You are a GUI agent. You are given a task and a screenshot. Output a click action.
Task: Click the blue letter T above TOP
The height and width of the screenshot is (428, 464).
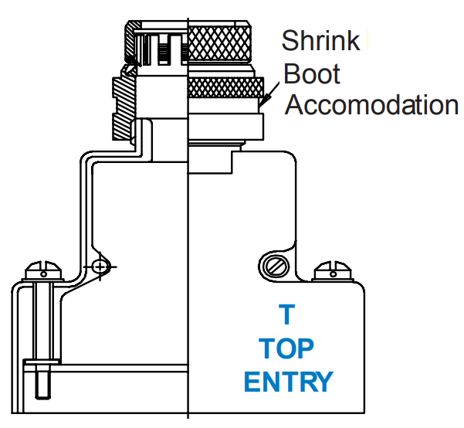(286, 314)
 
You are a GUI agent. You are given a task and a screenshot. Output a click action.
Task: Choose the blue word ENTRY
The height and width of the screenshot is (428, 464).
(289, 382)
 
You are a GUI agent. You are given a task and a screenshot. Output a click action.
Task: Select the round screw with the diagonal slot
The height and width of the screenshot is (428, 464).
(276, 267)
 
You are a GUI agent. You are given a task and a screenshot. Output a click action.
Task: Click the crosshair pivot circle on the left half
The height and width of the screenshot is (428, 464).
(99, 267)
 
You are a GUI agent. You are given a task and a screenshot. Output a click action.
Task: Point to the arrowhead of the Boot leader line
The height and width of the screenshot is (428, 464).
(262, 104)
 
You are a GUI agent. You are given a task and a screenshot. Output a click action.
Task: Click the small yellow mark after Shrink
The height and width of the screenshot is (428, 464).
(368, 40)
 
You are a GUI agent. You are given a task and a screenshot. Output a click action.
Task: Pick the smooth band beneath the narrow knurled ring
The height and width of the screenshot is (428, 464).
(227, 124)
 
